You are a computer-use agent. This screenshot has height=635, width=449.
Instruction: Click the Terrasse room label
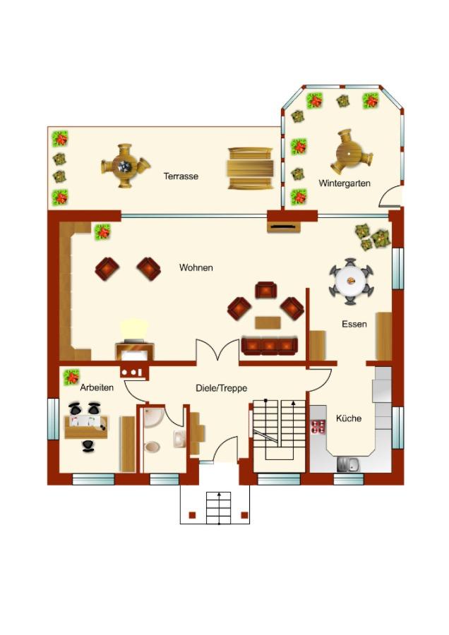(x=181, y=176)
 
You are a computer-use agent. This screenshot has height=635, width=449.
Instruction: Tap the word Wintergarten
(x=345, y=183)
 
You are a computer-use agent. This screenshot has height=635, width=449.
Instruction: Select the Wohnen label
(x=196, y=267)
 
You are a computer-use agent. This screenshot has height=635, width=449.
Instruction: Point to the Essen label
(x=354, y=324)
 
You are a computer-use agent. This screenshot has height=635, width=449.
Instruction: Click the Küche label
(x=349, y=418)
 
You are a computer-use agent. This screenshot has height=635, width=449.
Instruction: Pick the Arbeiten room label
(x=97, y=387)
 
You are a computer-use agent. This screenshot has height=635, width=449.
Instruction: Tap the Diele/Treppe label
(x=221, y=388)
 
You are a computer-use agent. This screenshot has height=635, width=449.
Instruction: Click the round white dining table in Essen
(x=351, y=281)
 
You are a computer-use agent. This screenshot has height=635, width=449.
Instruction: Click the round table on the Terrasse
(x=125, y=166)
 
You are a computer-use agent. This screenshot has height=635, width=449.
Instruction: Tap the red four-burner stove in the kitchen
(x=318, y=428)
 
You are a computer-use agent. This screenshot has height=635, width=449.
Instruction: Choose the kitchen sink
(x=347, y=464)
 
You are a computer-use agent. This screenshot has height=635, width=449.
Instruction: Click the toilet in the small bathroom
(x=152, y=447)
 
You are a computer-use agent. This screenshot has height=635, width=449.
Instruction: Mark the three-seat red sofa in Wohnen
(x=269, y=346)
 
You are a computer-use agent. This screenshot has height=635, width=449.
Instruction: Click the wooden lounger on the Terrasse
(x=250, y=168)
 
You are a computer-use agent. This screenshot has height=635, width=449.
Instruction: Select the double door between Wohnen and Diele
(x=217, y=349)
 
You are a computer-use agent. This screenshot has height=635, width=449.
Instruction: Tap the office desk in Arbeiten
(x=87, y=427)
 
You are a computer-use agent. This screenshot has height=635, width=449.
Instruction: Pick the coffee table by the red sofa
(x=268, y=322)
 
